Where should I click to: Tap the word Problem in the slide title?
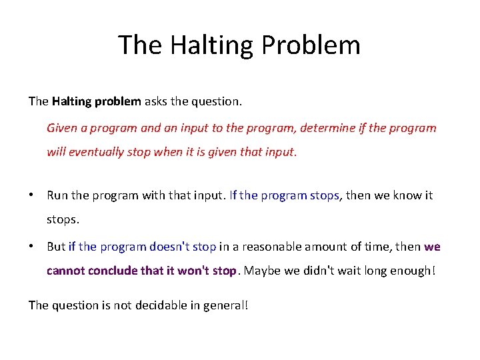pos(311,45)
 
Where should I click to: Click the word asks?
pos(156,101)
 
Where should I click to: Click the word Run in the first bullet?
pos(57,195)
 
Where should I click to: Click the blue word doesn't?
pos(169,247)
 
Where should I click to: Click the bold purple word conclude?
pos(111,271)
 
